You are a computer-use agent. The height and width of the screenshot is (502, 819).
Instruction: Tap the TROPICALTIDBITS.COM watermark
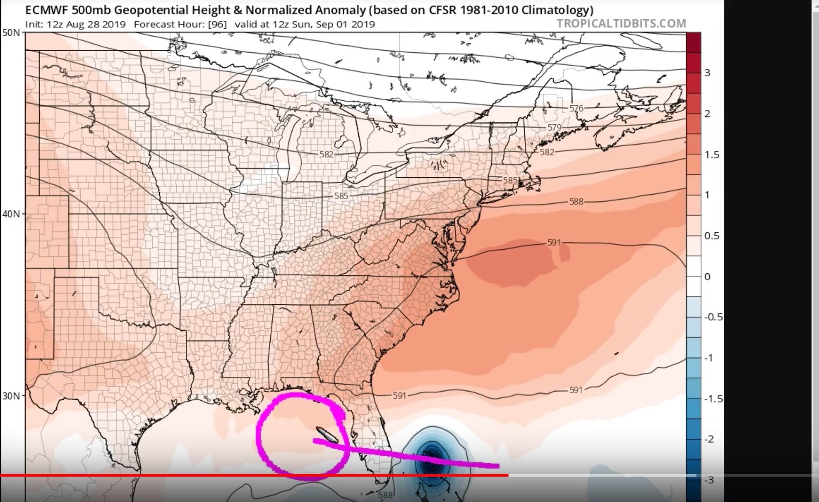click(x=621, y=24)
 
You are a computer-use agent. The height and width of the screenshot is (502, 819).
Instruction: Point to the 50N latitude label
click(x=11, y=32)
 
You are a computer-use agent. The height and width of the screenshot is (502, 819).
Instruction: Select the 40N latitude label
click(x=11, y=214)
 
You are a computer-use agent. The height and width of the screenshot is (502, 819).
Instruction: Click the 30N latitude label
click(x=11, y=396)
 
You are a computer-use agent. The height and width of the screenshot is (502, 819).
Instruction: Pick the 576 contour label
click(x=576, y=108)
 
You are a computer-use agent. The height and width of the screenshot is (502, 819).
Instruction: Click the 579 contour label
click(x=554, y=127)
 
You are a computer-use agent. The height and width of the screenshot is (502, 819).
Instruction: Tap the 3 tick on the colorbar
click(x=707, y=73)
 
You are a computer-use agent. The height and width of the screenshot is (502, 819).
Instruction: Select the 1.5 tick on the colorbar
click(x=712, y=155)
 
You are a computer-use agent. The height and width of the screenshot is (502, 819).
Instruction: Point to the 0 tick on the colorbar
click(x=707, y=277)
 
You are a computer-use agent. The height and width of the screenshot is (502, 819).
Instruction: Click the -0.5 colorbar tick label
click(x=713, y=317)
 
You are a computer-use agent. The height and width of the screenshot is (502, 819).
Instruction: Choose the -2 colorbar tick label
click(x=710, y=439)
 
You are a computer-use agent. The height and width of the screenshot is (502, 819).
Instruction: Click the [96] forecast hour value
click(x=217, y=24)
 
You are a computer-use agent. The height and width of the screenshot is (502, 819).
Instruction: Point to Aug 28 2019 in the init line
click(x=96, y=24)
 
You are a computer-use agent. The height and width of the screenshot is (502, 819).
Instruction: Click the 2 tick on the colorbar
click(x=707, y=114)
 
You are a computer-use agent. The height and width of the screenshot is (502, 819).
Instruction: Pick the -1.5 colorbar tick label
click(x=713, y=399)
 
